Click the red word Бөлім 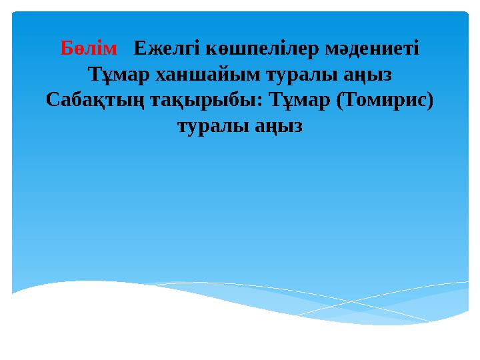88,48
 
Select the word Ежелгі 161,48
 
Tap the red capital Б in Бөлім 67,48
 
